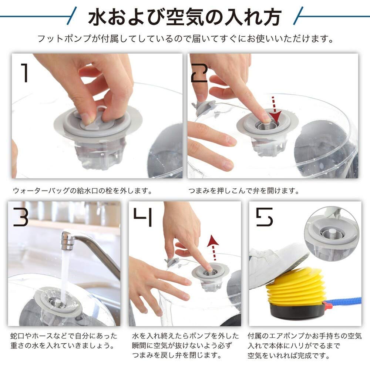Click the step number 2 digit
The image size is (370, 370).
coord(199,73)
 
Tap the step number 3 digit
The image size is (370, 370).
coord(20,217)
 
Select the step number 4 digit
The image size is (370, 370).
coord(143,217)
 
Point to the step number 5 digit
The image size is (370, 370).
coord(265,217)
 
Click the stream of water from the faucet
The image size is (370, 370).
coord(64,276)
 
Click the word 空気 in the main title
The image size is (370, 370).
coord(185,17)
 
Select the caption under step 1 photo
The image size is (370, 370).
coord(83,191)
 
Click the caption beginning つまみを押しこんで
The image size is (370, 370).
coord(243,191)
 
